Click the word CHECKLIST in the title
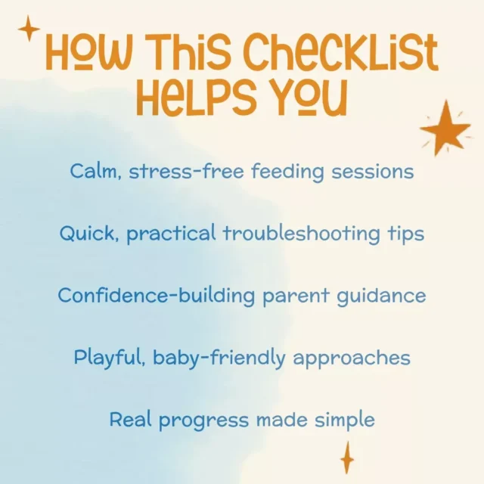pyautogui.click(x=341, y=52)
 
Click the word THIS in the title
pyautogui.click(x=191, y=51)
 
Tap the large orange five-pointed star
pyautogui.click(x=445, y=128)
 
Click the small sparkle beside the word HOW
pyautogui.click(x=29, y=29)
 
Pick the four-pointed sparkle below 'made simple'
pyautogui.click(x=347, y=458)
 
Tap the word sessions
pyautogui.click(x=373, y=172)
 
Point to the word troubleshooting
pyautogui.click(x=302, y=234)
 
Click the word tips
pyautogui.click(x=406, y=234)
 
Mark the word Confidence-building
pyautogui.click(x=157, y=296)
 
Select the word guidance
pyautogui.click(x=381, y=296)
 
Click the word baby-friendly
pyautogui.click(x=219, y=358)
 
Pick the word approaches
pyautogui.click(x=352, y=358)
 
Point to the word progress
pyautogui.click(x=203, y=420)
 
